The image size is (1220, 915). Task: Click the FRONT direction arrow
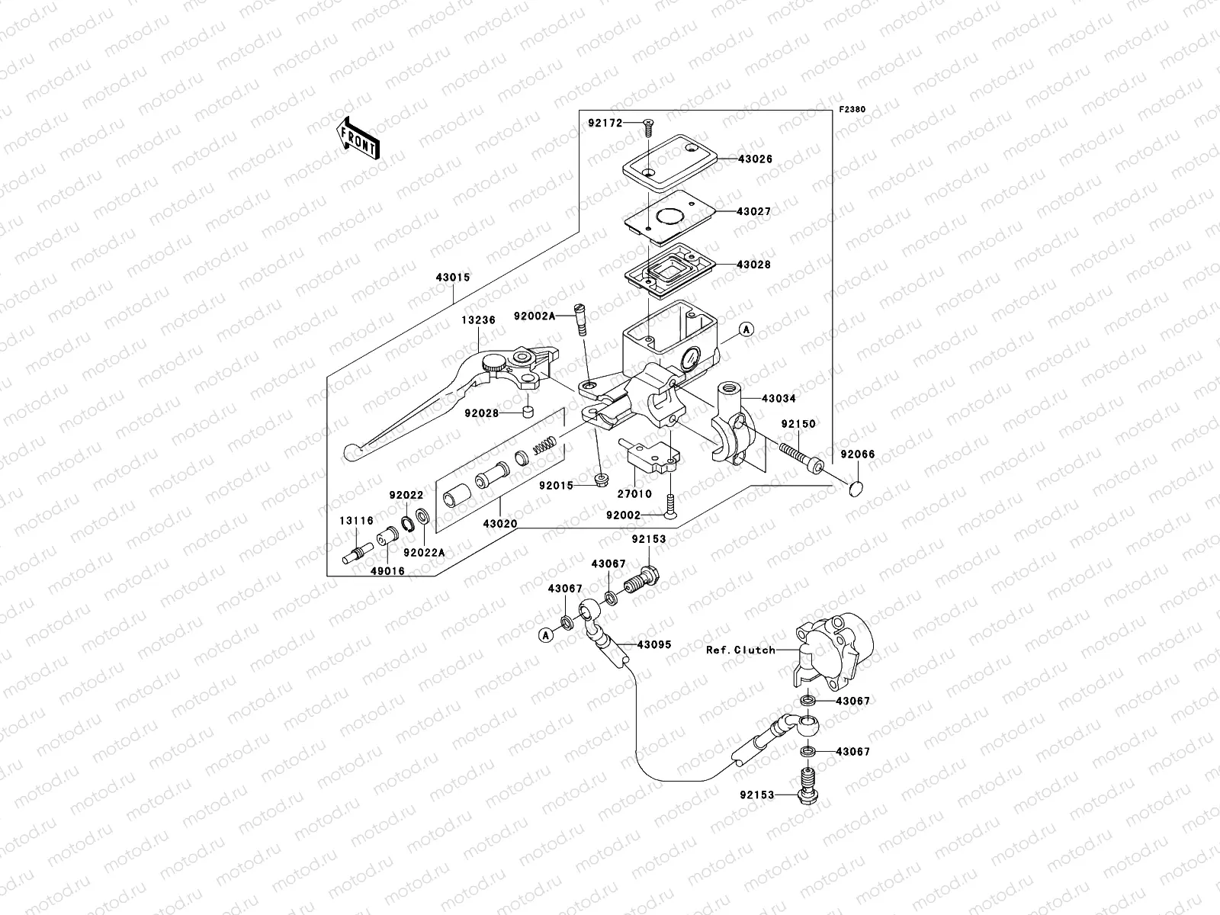pyautogui.click(x=358, y=138)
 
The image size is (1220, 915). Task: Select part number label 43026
pyautogui.click(x=755, y=159)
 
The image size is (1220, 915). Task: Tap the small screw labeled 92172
pyautogui.click(x=648, y=128)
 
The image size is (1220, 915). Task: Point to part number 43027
pyautogui.click(x=753, y=212)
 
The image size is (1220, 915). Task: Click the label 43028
pyautogui.click(x=753, y=265)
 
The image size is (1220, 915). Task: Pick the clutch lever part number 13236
pyautogui.click(x=478, y=320)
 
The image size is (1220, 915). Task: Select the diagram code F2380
pyautogui.click(x=852, y=110)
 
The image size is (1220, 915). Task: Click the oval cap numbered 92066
pyautogui.click(x=856, y=489)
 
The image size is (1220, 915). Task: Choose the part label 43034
pyautogui.click(x=779, y=398)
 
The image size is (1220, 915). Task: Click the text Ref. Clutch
pyautogui.click(x=740, y=650)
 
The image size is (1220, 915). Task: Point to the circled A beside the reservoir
pyautogui.click(x=746, y=329)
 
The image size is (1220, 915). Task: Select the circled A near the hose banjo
pyautogui.click(x=546, y=634)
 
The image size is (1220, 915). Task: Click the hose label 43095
pyautogui.click(x=654, y=644)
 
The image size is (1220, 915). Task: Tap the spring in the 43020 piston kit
pyautogui.click(x=544, y=445)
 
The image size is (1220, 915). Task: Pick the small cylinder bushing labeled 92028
pyautogui.click(x=528, y=413)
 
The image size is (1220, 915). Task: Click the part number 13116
pyautogui.click(x=356, y=521)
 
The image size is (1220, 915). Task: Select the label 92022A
pyautogui.click(x=424, y=553)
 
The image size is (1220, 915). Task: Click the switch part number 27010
pyautogui.click(x=634, y=493)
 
